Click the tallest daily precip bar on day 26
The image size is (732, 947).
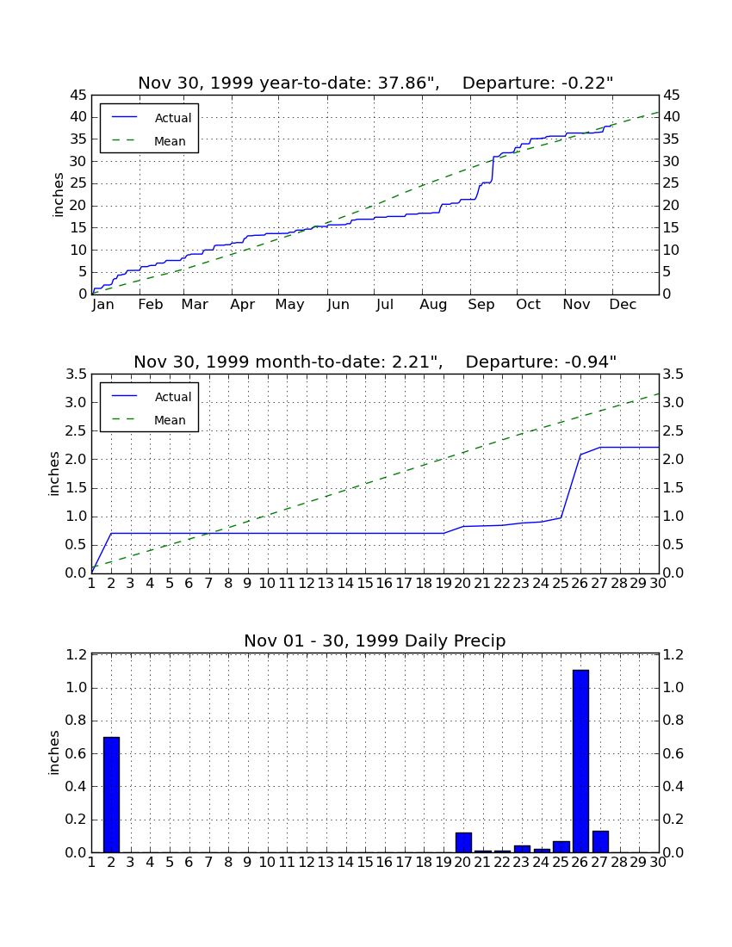(x=580, y=761)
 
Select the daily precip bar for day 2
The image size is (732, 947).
(x=111, y=795)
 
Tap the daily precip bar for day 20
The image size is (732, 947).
(x=463, y=843)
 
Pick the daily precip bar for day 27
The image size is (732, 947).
(x=600, y=842)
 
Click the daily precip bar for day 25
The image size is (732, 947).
(x=561, y=847)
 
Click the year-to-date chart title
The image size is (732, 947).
(x=375, y=83)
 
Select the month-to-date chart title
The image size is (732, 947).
(x=375, y=362)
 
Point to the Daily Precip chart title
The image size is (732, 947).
(x=375, y=641)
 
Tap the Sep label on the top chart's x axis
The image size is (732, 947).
(x=481, y=305)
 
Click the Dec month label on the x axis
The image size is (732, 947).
(x=623, y=305)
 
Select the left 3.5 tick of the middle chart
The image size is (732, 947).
(x=76, y=374)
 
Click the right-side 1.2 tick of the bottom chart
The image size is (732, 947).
(x=673, y=654)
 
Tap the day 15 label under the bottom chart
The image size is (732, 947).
(x=365, y=863)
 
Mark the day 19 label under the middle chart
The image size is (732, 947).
(x=444, y=584)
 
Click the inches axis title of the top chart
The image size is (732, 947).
(x=58, y=195)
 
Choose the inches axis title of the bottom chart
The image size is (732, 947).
(x=53, y=752)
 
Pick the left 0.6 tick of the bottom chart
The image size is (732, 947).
(x=76, y=754)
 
